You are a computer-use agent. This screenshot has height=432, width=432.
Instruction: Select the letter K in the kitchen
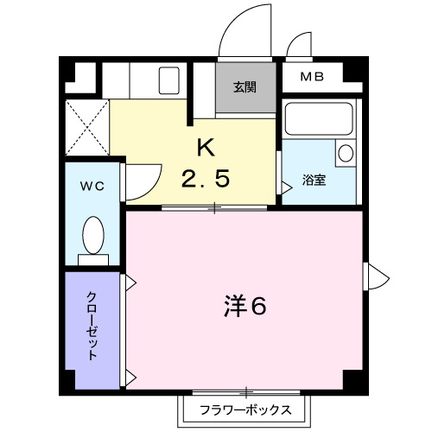(205, 148)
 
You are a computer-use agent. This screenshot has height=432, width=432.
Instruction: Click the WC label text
(92, 186)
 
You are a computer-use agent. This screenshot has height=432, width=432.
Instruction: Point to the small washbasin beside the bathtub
(345, 154)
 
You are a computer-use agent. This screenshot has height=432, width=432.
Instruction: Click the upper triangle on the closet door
(131, 282)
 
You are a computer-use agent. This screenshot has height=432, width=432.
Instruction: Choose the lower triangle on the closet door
(131, 376)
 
